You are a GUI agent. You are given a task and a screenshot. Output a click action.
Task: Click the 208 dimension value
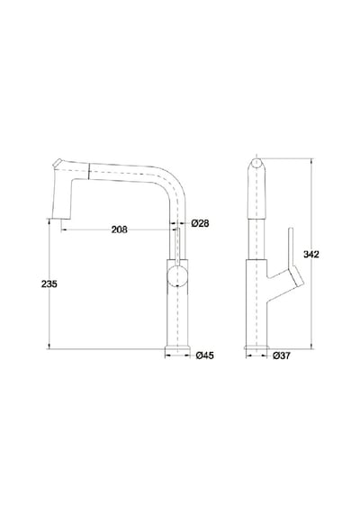(119, 229)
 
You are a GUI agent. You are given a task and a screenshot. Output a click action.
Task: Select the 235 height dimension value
(49, 284)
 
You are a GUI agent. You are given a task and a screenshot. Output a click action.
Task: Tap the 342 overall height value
(310, 254)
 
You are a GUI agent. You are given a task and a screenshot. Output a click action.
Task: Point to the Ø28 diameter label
(200, 223)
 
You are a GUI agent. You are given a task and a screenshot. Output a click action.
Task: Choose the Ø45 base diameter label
(205, 355)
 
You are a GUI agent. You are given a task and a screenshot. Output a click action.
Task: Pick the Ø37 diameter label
(282, 355)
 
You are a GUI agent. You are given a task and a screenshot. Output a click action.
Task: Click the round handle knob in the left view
(177, 276)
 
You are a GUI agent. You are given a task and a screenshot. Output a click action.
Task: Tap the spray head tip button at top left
(58, 163)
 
